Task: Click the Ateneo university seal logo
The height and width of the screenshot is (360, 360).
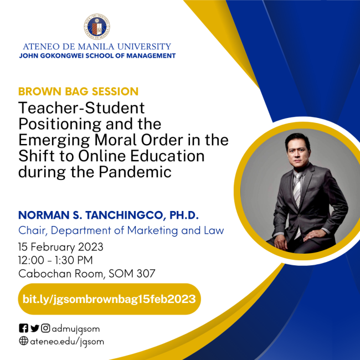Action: point(97,27)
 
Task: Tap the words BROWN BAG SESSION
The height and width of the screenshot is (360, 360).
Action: point(78,91)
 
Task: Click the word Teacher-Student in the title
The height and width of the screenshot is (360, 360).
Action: point(81,107)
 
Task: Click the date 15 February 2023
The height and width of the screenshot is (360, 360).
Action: point(61,246)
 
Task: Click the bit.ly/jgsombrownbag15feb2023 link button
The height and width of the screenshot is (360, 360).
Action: point(109,299)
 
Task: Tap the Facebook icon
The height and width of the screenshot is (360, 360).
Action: point(23,328)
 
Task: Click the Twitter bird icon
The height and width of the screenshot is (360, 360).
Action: point(34,328)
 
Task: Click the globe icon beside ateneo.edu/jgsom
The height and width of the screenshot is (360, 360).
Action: point(23,341)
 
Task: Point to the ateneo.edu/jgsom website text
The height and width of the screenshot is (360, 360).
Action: point(66,341)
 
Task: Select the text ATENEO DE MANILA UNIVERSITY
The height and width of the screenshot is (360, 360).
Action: point(97,47)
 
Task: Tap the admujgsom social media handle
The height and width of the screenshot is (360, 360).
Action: point(76,328)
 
